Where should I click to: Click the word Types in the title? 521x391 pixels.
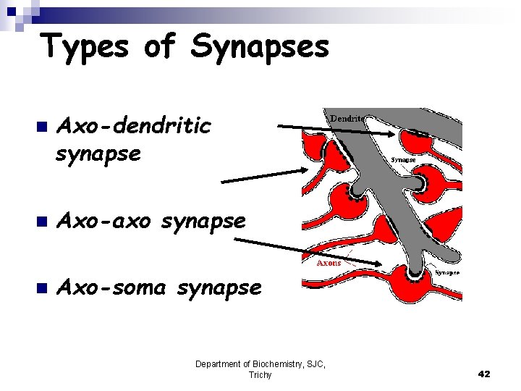(x=85, y=48)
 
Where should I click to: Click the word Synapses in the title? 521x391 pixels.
(x=260, y=48)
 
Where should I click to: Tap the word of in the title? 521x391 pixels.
(x=161, y=47)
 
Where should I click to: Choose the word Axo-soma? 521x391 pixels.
(x=113, y=287)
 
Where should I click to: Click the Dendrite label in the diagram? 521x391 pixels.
(x=348, y=117)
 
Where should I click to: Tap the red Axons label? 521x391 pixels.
(x=329, y=264)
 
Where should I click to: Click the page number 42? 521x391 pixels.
(x=484, y=374)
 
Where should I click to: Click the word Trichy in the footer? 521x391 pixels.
(x=260, y=375)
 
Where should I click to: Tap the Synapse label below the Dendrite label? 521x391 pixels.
(x=403, y=159)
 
